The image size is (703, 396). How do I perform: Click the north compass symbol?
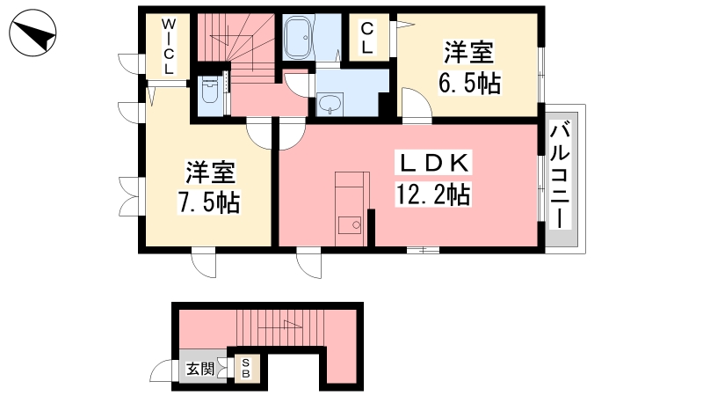[x=33, y=33]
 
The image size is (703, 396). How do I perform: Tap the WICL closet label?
[x=168, y=47]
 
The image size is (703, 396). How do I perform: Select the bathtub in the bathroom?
[x=299, y=38]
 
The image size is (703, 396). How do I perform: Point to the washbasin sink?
[x=330, y=105]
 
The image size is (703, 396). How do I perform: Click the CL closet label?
[x=366, y=38]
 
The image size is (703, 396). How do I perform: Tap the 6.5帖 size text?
[x=469, y=83]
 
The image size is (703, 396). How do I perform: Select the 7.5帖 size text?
[x=209, y=202]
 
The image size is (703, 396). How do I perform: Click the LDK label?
[x=433, y=163]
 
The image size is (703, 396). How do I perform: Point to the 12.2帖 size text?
[x=432, y=194]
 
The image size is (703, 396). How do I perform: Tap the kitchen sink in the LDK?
[x=350, y=225]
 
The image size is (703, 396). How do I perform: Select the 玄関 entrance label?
[x=200, y=369]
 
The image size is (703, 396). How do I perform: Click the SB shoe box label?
[x=246, y=368]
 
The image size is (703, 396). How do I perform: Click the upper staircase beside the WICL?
[x=236, y=48]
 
